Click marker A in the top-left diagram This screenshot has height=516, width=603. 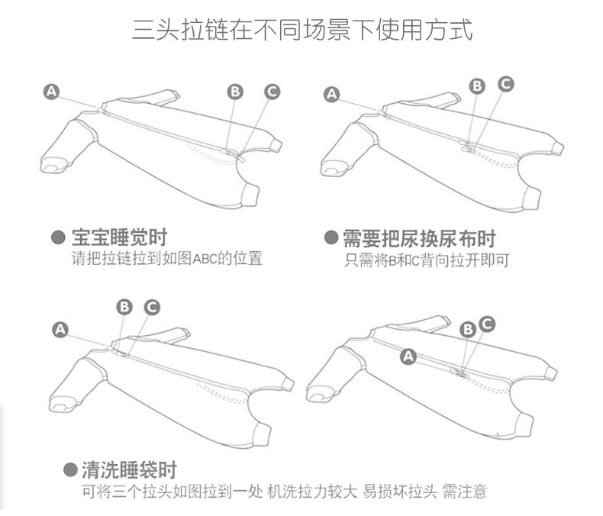[51, 92]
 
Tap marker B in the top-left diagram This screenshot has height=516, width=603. [235, 91]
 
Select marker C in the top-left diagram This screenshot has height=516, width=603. [272, 92]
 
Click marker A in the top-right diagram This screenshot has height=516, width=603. [331, 95]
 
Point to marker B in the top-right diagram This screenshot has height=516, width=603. [477, 85]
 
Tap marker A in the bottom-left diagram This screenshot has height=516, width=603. [60, 329]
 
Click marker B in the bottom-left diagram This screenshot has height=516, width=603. [124, 307]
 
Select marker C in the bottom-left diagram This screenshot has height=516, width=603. [151, 307]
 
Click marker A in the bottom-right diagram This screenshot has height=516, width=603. [408, 356]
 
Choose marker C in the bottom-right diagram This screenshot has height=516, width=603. [487, 324]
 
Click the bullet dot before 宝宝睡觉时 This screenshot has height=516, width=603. [57, 237]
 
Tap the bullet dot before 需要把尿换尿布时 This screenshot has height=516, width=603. [331, 237]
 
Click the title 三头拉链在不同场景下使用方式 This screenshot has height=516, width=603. [302, 31]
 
